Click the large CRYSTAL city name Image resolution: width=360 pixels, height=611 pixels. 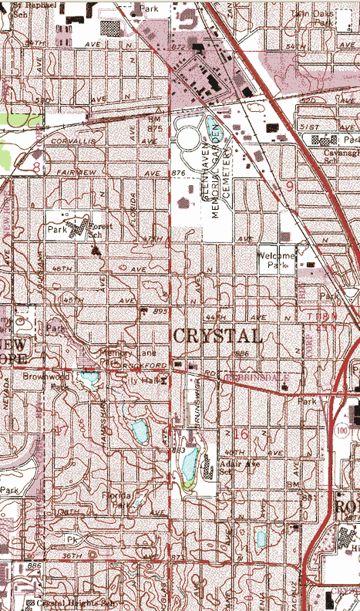(x=217, y=336)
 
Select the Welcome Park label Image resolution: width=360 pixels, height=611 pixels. (x=277, y=261)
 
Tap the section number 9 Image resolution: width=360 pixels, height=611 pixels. (x=289, y=185)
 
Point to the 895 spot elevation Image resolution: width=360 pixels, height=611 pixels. (x=160, y=311)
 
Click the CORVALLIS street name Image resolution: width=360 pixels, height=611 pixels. (x=72, y=143)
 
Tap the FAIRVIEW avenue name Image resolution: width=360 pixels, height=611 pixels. (x=76, y=174)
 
